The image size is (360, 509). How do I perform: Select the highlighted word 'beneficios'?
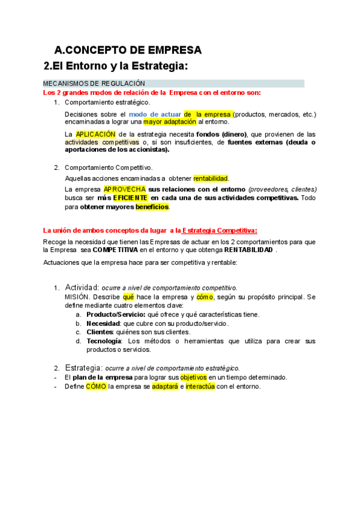pyautogui.click(x=152, y=207)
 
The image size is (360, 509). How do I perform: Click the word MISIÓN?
pyautogui.click(x=77, y=297)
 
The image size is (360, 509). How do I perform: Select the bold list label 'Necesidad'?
pyautogui.click(x=103, y=324)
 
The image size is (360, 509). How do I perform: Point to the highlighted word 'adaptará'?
pyautogui.click(x=164, y=387)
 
